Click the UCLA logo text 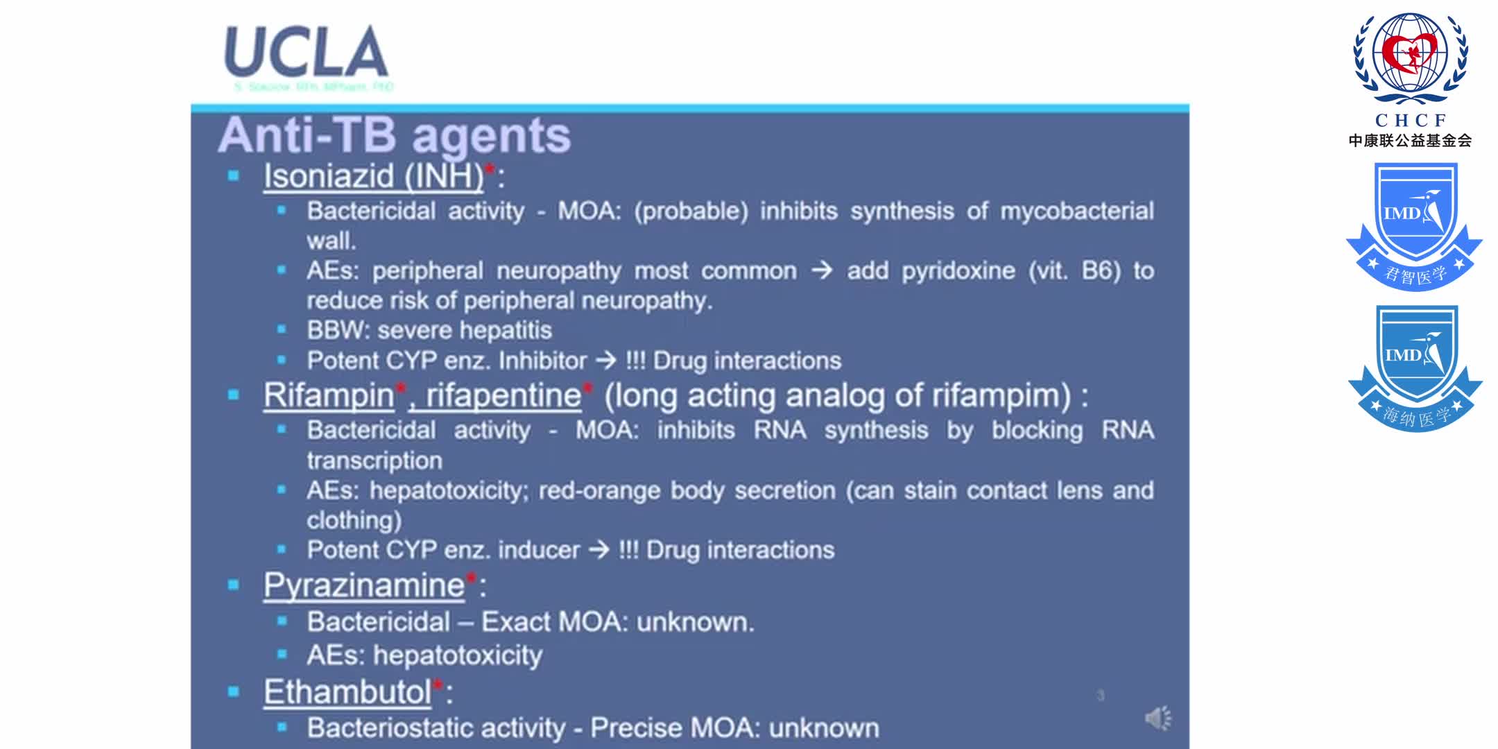click(306, 52)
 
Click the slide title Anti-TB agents click(394, 135)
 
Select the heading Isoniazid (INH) click(373, 175)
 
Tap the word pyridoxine click(958, 270)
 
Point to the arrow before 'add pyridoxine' click(822, 270)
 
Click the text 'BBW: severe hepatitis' click(429, 330)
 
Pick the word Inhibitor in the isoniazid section click(542, 361)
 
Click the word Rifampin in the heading click(329, 395)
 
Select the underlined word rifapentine click(503, 395)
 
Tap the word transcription click(374, 460)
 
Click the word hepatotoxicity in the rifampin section click(449, 490)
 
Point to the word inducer click(539, 550)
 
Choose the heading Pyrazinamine click(364, 585)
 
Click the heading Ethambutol click(347, 691)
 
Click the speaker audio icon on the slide click(1157, 718)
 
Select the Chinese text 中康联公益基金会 click(1410, 141)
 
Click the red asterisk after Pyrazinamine click(471, 578)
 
